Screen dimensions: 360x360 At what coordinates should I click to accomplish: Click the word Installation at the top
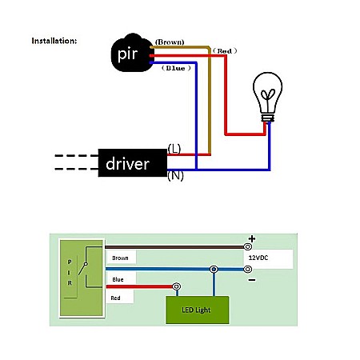click(54, 40)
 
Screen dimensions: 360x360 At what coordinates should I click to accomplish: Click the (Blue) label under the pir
click(174, 69)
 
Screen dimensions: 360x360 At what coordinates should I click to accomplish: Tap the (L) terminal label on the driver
click(174, 148)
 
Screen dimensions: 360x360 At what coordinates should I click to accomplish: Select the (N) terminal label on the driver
click(174, 175)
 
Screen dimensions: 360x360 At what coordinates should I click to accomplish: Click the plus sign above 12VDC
click(251, 238)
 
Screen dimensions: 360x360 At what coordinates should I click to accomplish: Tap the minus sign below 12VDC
click(251, 280)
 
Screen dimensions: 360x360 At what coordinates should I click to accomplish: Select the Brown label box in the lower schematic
click(122, 258)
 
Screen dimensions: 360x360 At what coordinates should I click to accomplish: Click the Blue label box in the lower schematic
click(122, 279)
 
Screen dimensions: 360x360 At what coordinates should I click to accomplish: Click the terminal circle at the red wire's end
click(177, 286)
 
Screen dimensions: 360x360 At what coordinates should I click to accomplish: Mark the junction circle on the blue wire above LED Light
click(214, 270)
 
